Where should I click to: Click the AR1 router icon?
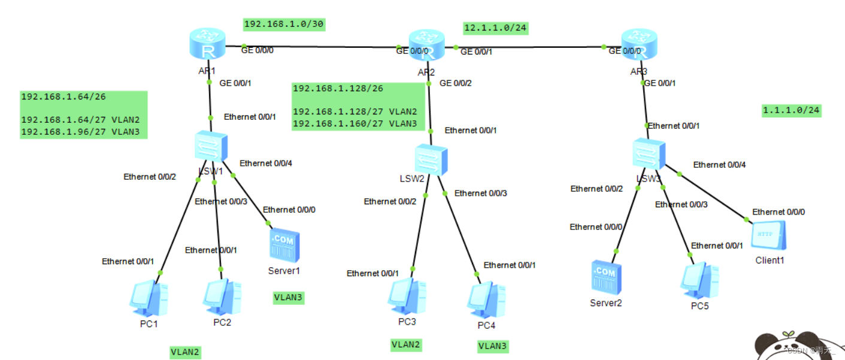(207, 46)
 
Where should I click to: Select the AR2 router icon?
(427, 47)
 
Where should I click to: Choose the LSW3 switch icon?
(649, 153)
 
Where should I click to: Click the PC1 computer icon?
(149, 298)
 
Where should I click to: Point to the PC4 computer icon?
(486, 300)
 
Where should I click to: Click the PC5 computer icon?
(699, 280)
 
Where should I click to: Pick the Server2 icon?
(605, 277)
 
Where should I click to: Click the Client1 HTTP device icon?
(768, 236)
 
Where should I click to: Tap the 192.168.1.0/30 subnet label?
(284, 24)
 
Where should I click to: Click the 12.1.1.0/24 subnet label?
(495, 28)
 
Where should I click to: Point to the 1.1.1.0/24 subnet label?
(791, 110)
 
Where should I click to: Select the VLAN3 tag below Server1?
(288, 297)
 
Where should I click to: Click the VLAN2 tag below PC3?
(405, 344)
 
